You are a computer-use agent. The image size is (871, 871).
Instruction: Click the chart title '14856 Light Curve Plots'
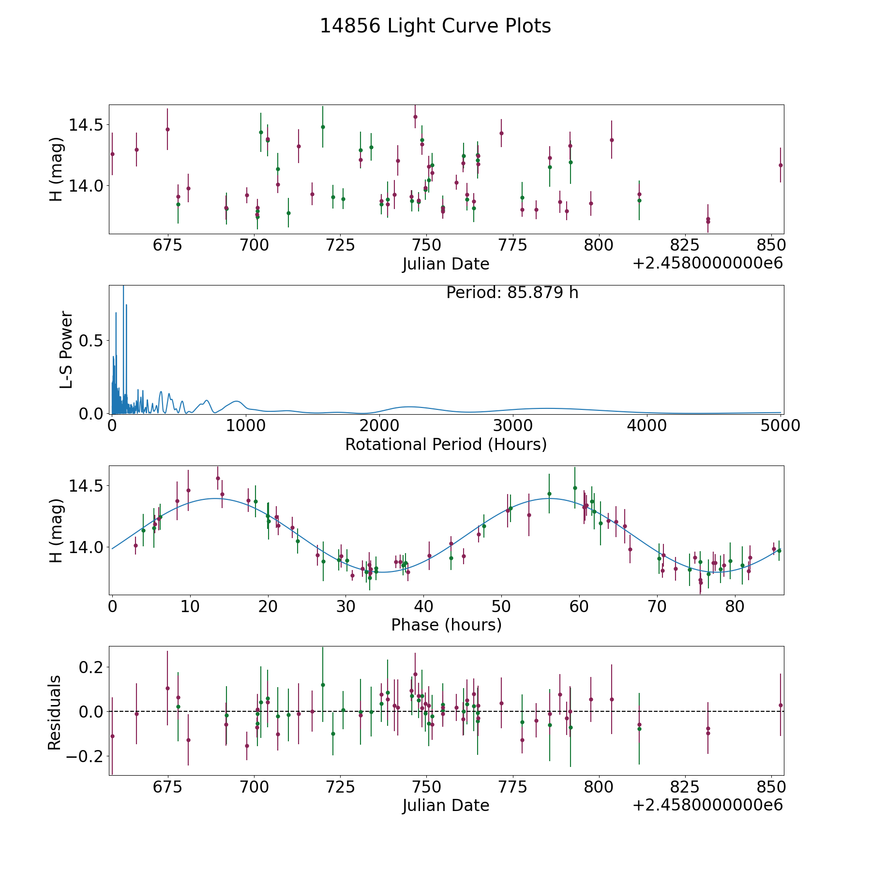click(x=435, y=26)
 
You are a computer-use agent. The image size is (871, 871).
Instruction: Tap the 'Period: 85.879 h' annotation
click(x=512, y=293)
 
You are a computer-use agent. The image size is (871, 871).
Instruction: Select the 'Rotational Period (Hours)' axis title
click(x=446, y=444)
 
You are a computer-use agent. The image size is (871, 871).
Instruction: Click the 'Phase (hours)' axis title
click(x=446, y=625)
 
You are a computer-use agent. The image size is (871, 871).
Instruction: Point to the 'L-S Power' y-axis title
click(x=66, y=349)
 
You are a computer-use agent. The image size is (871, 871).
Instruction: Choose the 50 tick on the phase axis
click(x=501, y=607)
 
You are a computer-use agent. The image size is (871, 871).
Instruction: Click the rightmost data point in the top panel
click(x=780, y=165)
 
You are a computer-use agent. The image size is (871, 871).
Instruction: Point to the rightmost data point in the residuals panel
click(x=780, y=705)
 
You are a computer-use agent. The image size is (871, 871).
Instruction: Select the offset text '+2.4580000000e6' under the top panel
click(x=707, y=263)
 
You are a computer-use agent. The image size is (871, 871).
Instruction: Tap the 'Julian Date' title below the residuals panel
click(x=446, y=806)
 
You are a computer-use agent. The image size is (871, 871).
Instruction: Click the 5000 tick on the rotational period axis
click(x=780, y=426)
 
